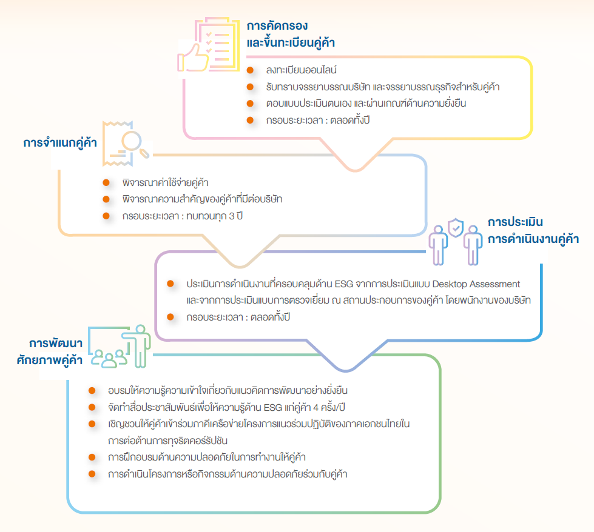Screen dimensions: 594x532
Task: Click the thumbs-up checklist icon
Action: [208, 45]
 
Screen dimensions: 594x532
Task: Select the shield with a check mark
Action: [455, 227]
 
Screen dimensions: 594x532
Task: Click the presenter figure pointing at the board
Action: [139, 346]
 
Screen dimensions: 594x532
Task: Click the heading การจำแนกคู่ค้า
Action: [60, 143]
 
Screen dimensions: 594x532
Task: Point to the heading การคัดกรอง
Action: [277, 25]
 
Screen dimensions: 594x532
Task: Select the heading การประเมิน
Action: [515, 222]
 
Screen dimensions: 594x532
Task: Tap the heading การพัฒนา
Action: [56, 343]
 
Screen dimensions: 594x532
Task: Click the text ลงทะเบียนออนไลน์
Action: [301, 70]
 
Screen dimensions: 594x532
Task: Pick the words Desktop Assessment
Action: [476, 284]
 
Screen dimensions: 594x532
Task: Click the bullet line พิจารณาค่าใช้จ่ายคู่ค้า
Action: [165, 183]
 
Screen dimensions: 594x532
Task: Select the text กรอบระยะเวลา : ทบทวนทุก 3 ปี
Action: [182, 216]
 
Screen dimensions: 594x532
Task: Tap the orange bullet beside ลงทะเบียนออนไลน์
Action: [250, 70]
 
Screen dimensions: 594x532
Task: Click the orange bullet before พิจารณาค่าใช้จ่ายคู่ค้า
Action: [106, 183]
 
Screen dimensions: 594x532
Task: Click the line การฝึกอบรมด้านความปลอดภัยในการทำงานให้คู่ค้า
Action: [207, 457]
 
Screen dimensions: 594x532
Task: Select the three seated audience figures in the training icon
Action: [109, 358]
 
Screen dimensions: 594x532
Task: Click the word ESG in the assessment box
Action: [343, 284]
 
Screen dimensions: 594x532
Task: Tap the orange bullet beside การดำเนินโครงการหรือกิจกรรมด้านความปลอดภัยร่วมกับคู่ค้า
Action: [92, 474]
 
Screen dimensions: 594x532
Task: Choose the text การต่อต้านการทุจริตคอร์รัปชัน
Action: [168, 441]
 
